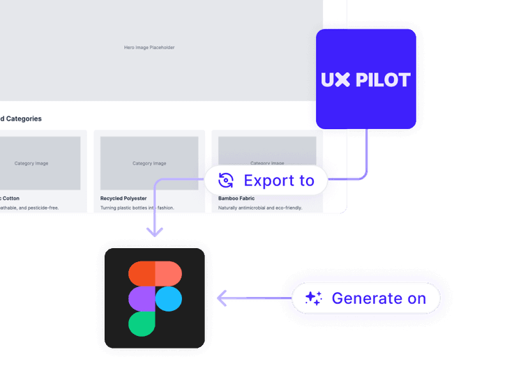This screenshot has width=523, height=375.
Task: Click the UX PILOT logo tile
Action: pyautogui.click(x=366, y=79)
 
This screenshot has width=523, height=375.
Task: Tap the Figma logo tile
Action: pyautogui.click(x=155, y=298)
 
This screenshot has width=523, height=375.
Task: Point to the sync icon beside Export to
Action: pyautogui.click(x=225, y=181)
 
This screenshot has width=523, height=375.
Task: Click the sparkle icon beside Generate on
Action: pyautogui.click(x=314, y=298)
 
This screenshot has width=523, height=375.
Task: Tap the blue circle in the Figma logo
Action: pyautogui.click(x=168, y=298)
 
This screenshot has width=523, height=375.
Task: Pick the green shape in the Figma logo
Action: pyautogui.click(x=142, y=324)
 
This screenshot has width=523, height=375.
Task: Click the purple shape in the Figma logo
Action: pyautogui.click(x=142, y=298)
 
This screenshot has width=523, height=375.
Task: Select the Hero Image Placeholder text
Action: pyautogui.click(x=149, y=47)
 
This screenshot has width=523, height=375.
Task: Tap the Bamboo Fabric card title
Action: pyautogui.click(x=236, y=199)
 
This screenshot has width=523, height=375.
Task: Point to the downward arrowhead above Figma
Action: pyautogui.click(x=155, y=231)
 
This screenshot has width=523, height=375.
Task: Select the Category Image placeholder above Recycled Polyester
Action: pyautogui.click(x=149, y=163)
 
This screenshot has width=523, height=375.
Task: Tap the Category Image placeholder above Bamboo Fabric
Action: pyautogui.click(x=267, y=163)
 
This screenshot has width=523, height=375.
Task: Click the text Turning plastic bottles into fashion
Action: pyautogui.click(x=137, y=208)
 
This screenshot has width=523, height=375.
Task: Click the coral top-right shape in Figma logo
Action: pyautogui.click(x=168, y=273)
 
